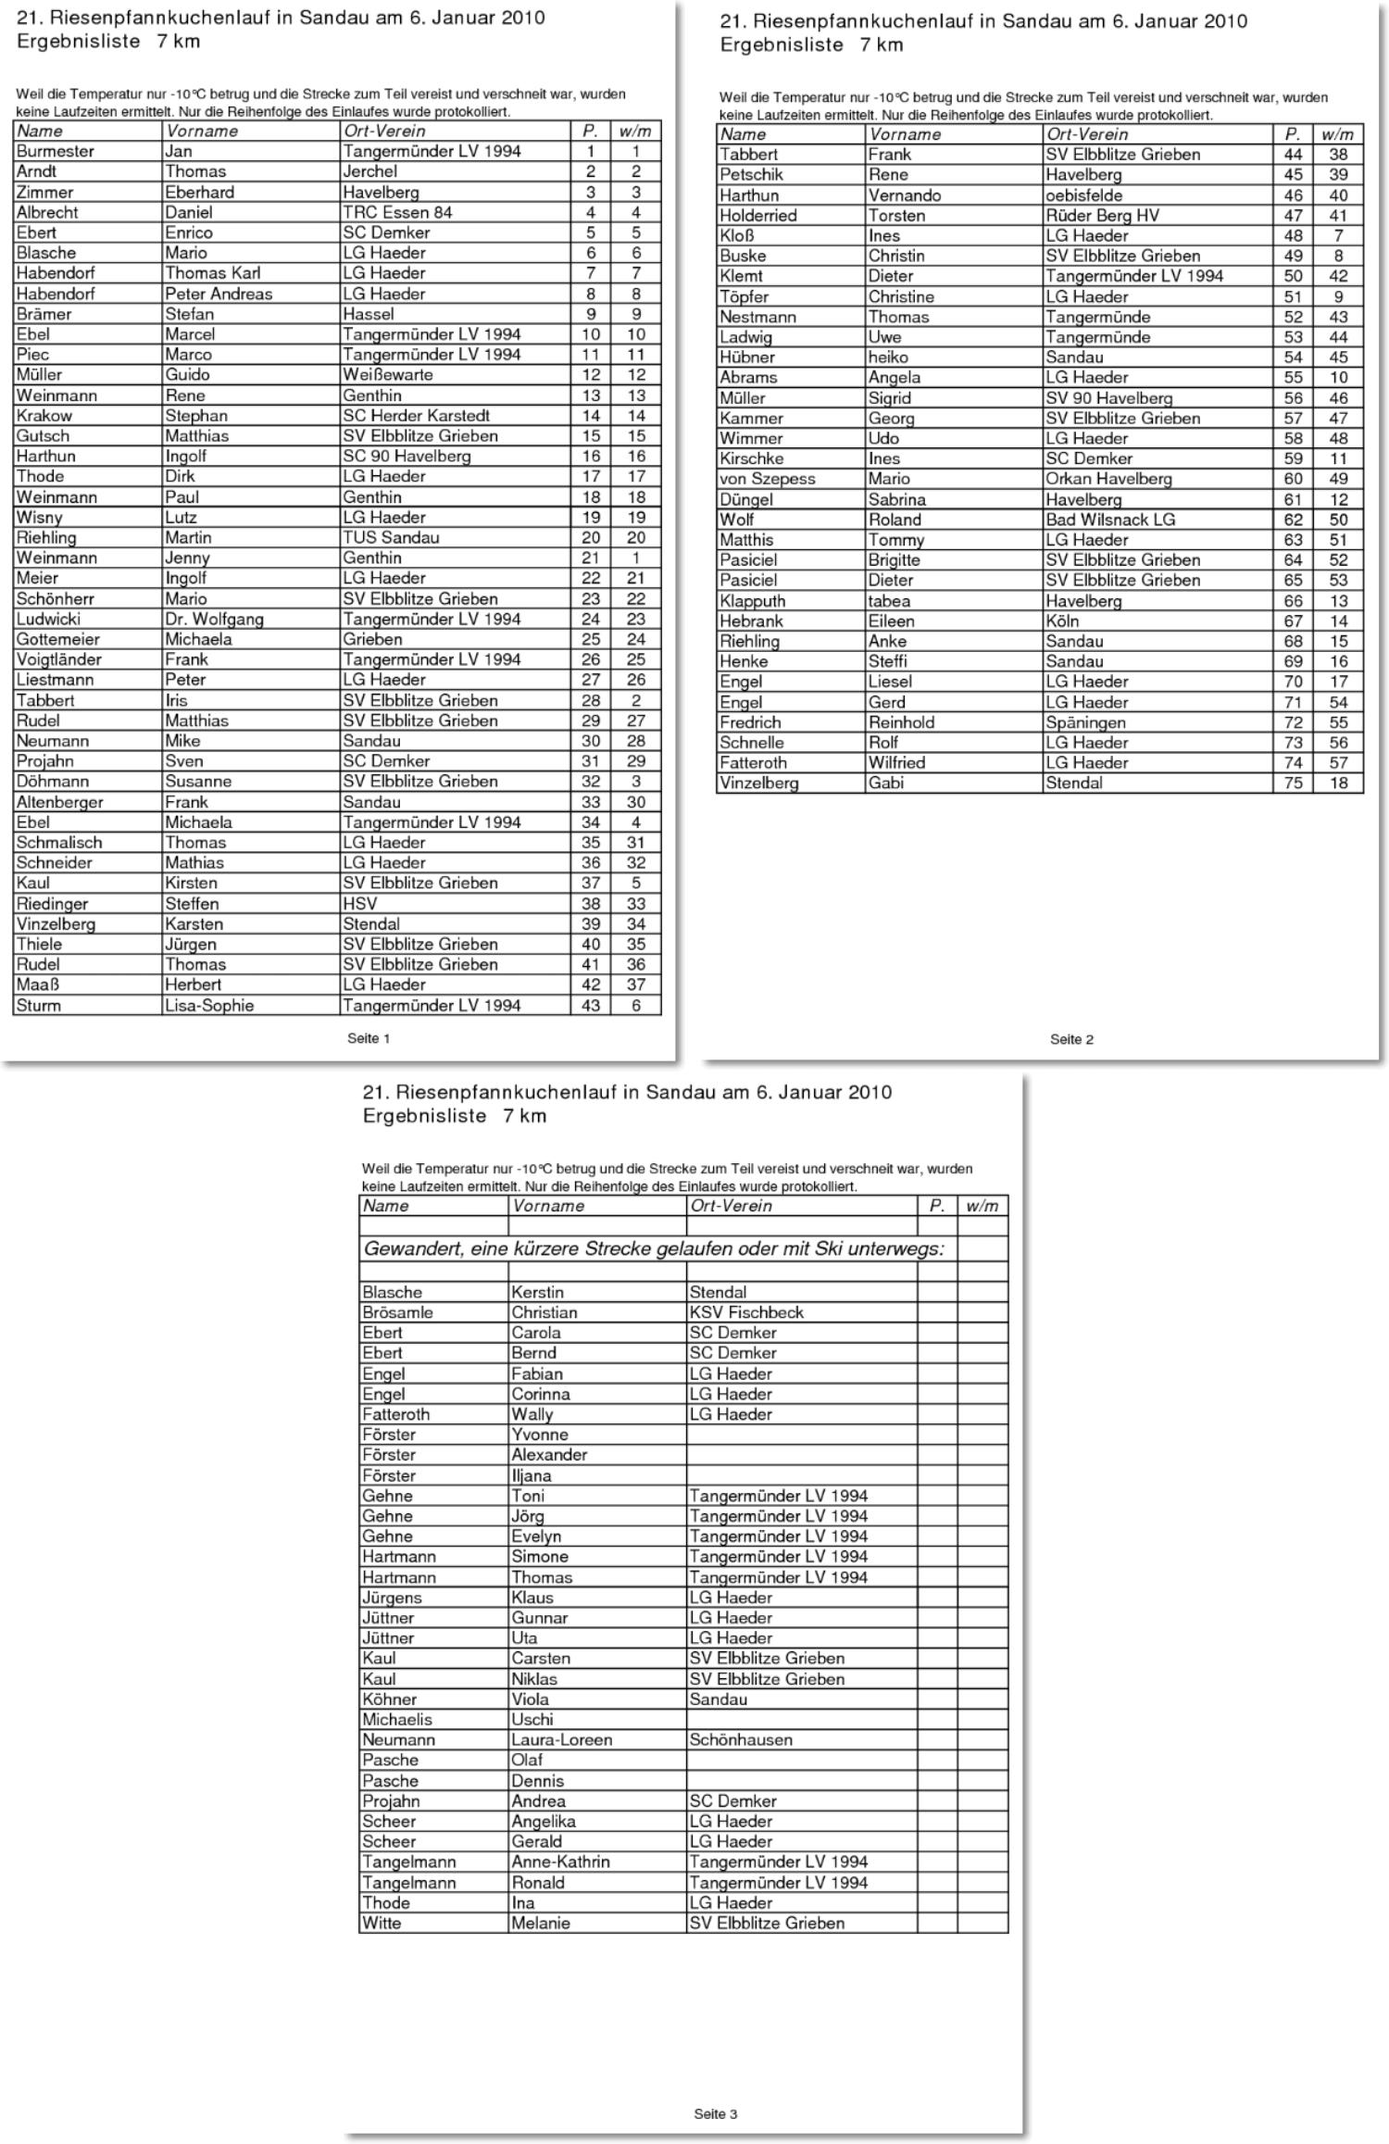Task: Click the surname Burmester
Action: pos(55,151)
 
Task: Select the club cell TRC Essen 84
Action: pos(397,212)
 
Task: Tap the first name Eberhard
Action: pos(199,192)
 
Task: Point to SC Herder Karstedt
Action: pos(416,416)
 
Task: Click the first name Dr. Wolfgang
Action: pos(214,619)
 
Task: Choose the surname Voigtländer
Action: pos(58,659)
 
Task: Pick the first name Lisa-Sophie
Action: pos(209,1005)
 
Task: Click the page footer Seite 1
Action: pos(369,1038)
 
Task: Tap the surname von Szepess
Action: pos(767,479)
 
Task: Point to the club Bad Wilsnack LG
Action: pos(1110,520)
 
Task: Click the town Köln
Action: pos(1062,621)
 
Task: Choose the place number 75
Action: pos(1293,783)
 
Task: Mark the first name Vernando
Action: pos(904,195)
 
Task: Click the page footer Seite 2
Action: pos(1071,1039)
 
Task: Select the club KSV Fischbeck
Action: pos(746,1312)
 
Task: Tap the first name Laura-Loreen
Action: pos(561,1739)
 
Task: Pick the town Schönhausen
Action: pos(741,1739)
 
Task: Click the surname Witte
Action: pos(382,1923)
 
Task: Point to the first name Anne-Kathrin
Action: pos(560,1862)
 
